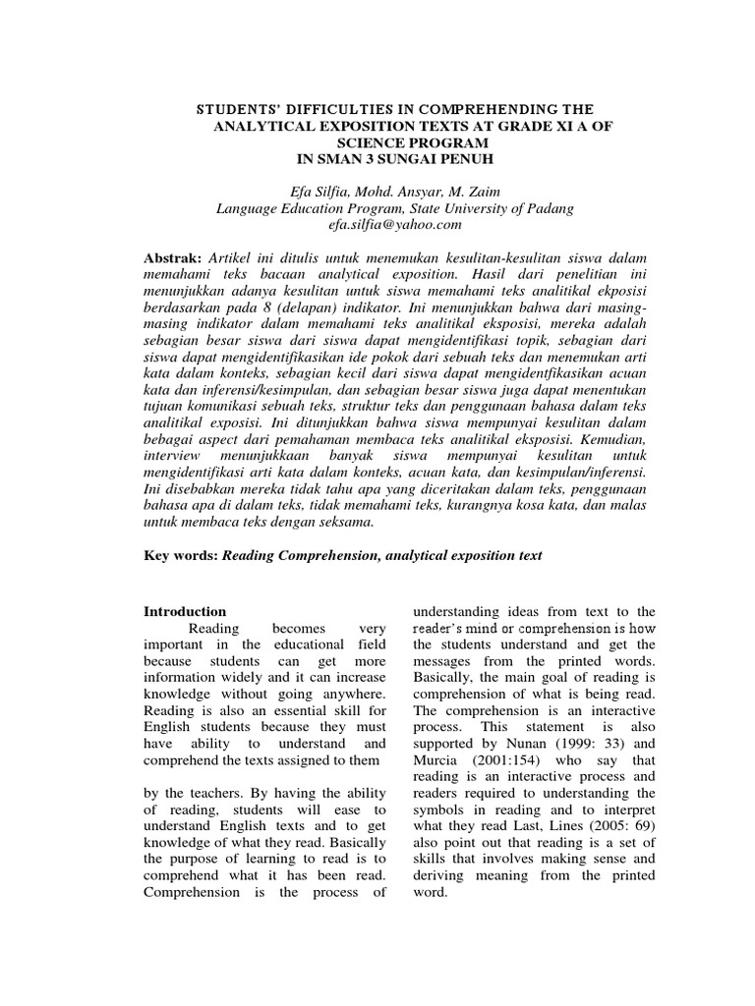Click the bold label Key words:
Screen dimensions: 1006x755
pos(180,555)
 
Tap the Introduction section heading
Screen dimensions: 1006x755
pos(185,611)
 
